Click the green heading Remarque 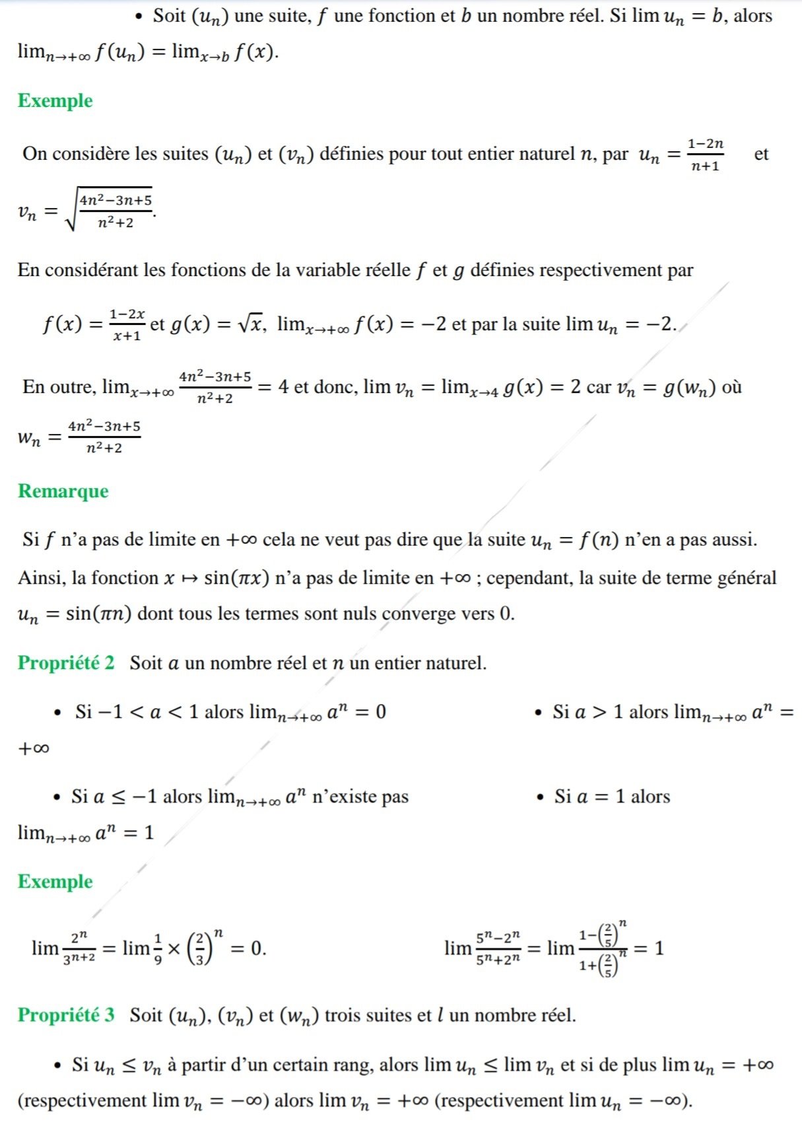tap(63, 491)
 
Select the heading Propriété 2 tap(66, 662)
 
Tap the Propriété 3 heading tap(66, 1014)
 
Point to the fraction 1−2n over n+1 tap(705, 155)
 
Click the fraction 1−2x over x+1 tap(127, 324)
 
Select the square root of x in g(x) tap(251, 324)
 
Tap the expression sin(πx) tap(237, 578)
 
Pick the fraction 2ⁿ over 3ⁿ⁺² tap(79, 948)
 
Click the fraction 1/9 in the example tap(158, 948)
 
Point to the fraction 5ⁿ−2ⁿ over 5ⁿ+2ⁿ tap(498, 948)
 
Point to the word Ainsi tap(42, 578)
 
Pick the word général tap(747, 579)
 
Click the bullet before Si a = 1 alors tap(541, 797)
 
